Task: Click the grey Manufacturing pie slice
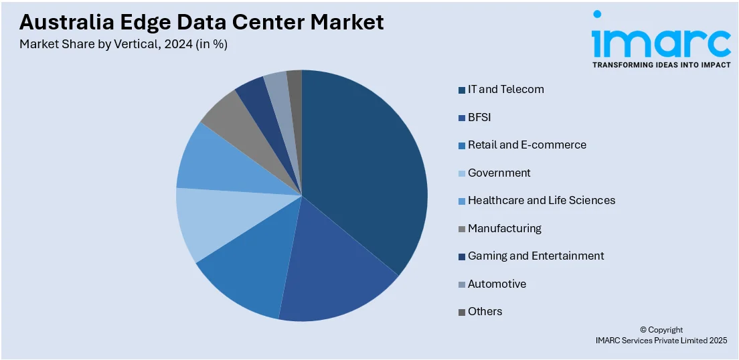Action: pyautogui.click(x=231, y=117)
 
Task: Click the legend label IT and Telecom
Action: pyautogui.click(x=505, y=89)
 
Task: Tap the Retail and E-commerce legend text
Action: pyautogui.click(x=527, y=145)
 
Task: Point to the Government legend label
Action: pyautogui.click(x=499, y=173)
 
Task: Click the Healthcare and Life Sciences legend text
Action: pyautogui.click(x=541, y=200)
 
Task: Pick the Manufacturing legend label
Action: pyautogui.click(x=504, y=228)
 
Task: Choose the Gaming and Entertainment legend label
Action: pyautogui.click(x=536, y=256)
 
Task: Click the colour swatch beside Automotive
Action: pyautogui.click(x=462, y=284)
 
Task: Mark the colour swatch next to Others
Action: pyautogui.click(x=462, y=312)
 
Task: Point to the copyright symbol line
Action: pyautogui.click(x=661, y=330)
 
